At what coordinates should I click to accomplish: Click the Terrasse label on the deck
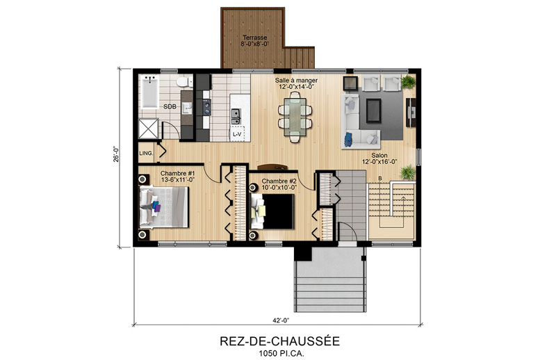pyautogui.click(x=254, y=38)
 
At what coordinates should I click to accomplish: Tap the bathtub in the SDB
pyautogui.click(x=149, y=92)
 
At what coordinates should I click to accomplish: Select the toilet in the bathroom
pyautogui.click(x=183, y=82)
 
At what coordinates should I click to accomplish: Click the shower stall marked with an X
pyautogui.click(x=148, y=129)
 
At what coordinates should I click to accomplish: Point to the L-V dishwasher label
pyautogui.click(x=237, y=134)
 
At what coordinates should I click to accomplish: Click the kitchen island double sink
pyautogui.click(x=236, y=116)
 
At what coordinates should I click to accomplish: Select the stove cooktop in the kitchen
pyautogui.click(x=206, y=107)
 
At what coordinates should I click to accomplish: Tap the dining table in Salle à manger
pyautogui.click(x=295, y=117)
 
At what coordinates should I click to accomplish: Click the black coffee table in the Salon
pyautogui.click(x=373, y=111)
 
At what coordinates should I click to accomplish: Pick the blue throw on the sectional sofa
pyautogui.click(x=348, y=139)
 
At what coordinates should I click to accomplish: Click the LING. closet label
pyautogui.click(x=146, y=153)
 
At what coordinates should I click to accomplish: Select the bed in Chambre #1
pyautogui.click(x=163, y=207)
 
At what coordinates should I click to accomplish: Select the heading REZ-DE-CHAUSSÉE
pyautogui.click(x=280, y=341)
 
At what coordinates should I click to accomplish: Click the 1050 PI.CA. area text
pyautogui.click(x=281, y=354)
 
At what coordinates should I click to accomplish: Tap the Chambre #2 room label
pyautogui.click(x=279, y=181)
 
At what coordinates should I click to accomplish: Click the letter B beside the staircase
pyautogui.click(x=379, y=178)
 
